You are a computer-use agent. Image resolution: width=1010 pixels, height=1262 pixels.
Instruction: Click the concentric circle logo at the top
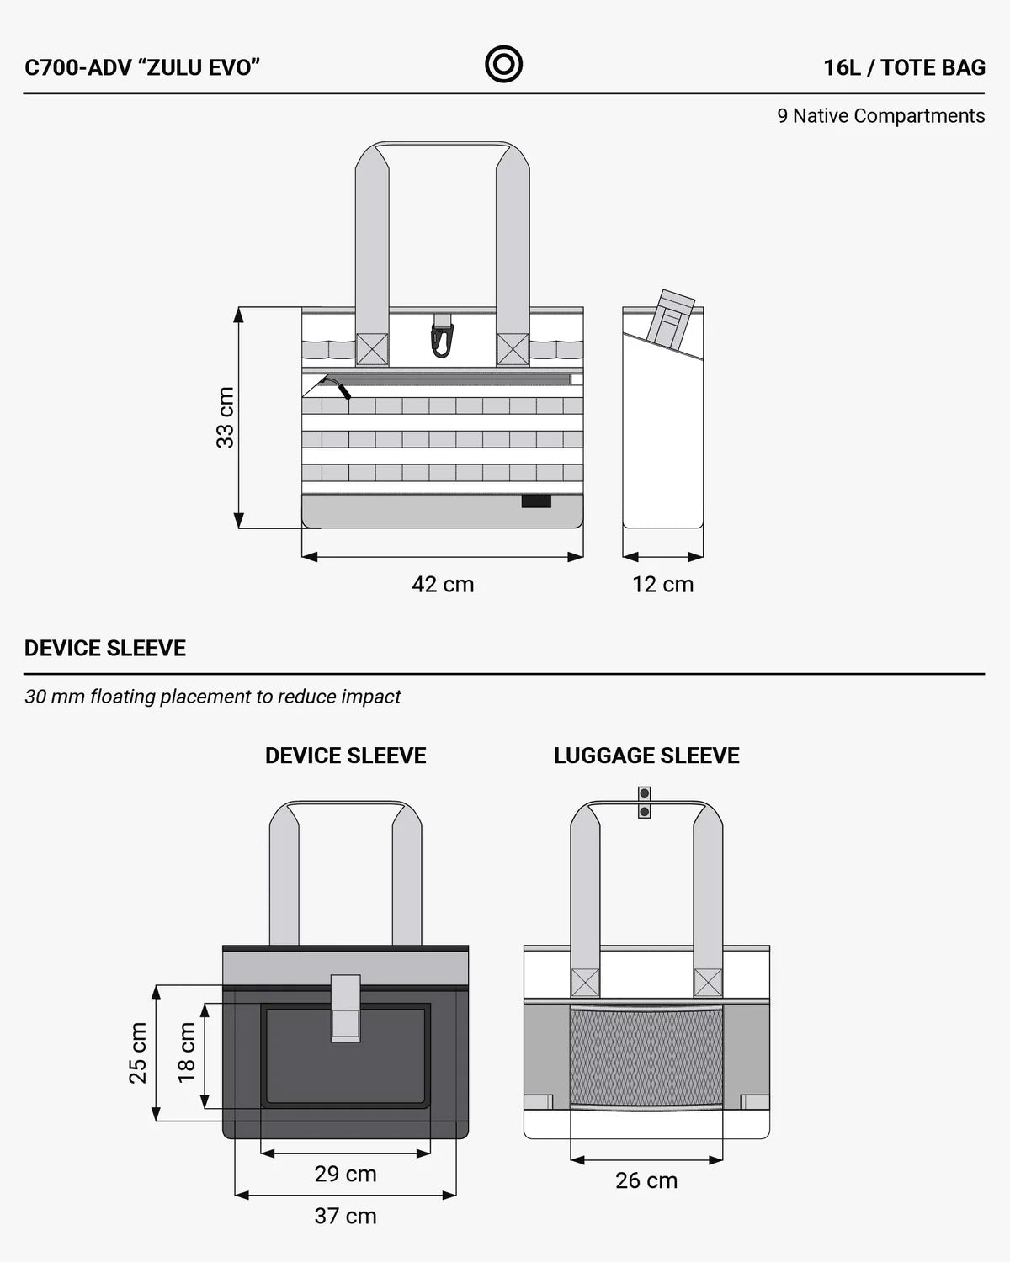pos(503,64)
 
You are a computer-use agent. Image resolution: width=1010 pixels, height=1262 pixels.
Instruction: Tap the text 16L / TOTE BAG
pos(904,68)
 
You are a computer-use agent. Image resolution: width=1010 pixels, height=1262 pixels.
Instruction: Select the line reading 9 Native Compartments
pos(881,116)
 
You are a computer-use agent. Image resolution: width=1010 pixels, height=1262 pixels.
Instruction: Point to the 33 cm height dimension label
pos(225,417)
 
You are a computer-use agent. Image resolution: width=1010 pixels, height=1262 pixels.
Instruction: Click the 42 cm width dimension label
pos(443,585)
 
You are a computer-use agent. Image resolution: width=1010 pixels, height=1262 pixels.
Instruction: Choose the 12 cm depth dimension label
pos(662,585)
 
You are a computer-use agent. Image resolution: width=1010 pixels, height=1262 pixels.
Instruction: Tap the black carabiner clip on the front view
pos(442,337)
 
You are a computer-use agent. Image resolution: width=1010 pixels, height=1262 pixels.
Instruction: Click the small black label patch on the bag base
pos(536,501)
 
